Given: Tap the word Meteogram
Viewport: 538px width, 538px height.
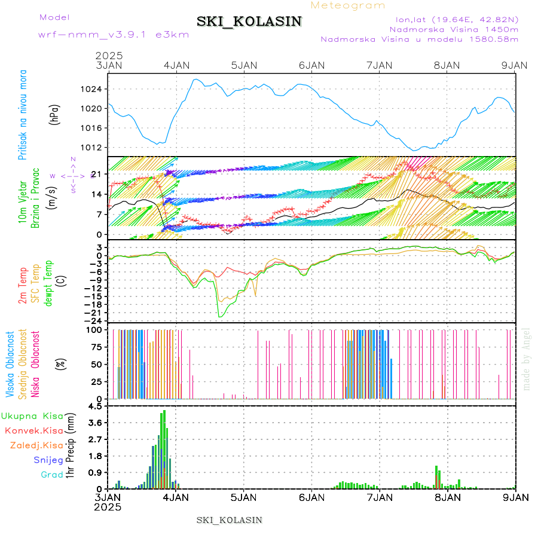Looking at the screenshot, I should (348, 5).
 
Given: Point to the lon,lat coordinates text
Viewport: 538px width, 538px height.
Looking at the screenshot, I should (453, 19).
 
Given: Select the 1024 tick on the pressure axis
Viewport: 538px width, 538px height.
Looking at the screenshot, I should (94, 90).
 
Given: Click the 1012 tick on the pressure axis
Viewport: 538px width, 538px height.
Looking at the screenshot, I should (94, 147).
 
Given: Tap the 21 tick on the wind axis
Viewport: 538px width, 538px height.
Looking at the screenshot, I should (100, 174).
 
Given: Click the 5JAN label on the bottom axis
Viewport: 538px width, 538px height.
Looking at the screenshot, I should (243, 497).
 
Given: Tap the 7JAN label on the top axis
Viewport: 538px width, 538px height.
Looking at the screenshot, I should (380, 65).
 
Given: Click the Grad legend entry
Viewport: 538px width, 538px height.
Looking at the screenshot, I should (51, 475).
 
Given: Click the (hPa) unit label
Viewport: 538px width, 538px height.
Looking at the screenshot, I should (55, 114).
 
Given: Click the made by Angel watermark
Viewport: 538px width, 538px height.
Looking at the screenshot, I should (526, 359).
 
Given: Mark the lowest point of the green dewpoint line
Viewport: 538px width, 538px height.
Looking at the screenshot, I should (220, 316).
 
